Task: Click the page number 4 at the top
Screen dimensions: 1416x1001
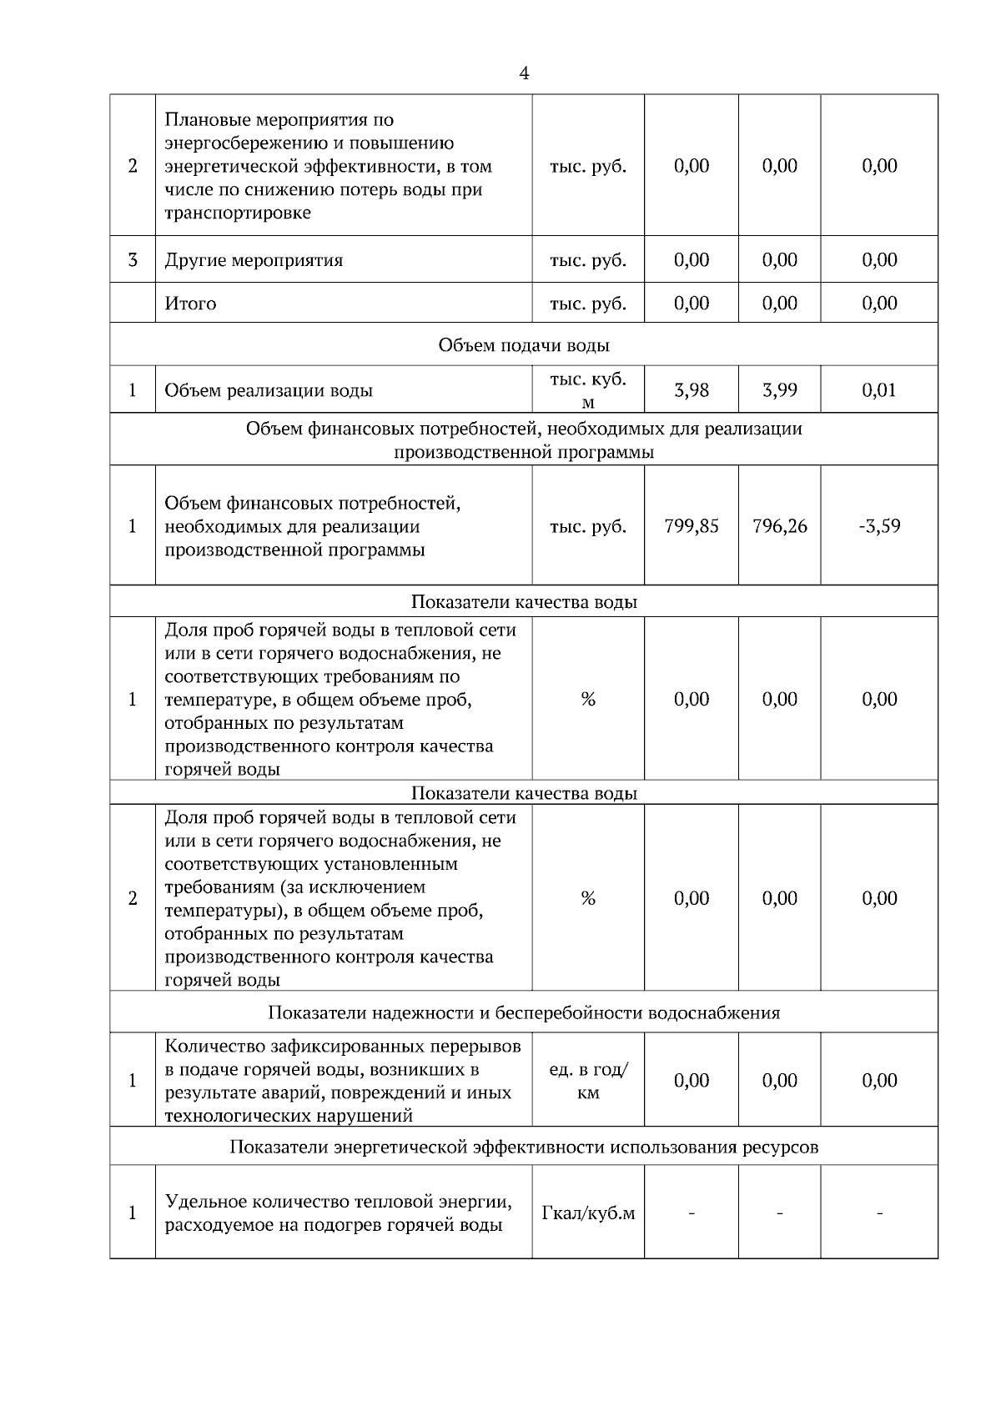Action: click(x=523, y=74)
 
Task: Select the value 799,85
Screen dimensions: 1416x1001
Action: click(x=691, y=526)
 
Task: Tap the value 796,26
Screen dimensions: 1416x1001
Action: click(x=779, y=526)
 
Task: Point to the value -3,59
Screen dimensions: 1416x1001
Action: click(x=879, y=526)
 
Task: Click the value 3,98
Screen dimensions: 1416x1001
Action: click(x=691, y=389)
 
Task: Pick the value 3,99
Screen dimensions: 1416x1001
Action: click(x=779, y=389)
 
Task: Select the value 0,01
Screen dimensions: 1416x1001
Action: click(x=879, y=389)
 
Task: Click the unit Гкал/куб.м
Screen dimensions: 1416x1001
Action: click(x=588, y=1213)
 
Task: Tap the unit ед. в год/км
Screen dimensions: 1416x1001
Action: click(x=588, y=1081)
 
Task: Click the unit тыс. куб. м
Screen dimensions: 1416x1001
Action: click(x=588, y=389)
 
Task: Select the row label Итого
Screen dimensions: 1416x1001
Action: click(x=190, y=304)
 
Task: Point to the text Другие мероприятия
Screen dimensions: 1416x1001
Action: click(x=254, y=260)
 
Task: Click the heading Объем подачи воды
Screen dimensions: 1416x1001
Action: click(x=523, y=345)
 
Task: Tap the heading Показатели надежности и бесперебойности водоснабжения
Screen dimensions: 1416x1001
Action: click(x=523, y=1012)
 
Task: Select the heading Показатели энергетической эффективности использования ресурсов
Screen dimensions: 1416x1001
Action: click(x=523, y=1147)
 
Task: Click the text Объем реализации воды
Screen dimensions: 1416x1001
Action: click(x=268, y=390)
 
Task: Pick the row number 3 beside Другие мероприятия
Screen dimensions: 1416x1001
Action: click(x=133, y=260)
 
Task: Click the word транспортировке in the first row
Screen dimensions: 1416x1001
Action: click(x=237, y=213)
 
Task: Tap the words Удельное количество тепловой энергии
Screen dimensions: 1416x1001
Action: click(x=338, y=1202)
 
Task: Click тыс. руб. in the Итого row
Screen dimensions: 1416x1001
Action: click(x=588, y=304)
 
